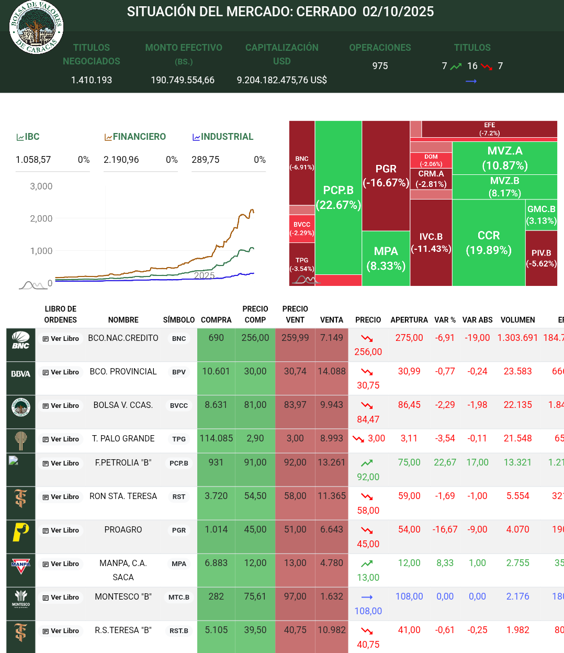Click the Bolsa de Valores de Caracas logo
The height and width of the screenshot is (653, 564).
click(x=36, y=27)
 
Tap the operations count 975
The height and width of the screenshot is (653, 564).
click(x=380, y=66)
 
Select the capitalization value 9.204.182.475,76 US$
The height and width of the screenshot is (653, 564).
click(x=281, y=80)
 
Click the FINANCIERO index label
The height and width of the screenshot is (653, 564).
click(x=139, y=137)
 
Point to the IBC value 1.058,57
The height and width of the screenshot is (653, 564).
click(x=33, y=160)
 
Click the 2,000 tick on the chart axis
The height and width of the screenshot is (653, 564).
click(x=41, y=218)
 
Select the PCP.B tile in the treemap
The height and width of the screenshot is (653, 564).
click(x=339, y=197)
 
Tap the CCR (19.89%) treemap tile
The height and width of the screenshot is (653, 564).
click(x=489, y=242)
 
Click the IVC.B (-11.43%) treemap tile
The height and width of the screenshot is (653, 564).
click(x=431, y=242)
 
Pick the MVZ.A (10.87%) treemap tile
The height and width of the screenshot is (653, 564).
click(x=505, y=158)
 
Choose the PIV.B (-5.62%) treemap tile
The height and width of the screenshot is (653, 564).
click(x=541, y=258)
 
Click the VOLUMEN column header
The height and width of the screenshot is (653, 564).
click(x=517, y=320)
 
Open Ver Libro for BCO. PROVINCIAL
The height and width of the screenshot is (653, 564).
click(x=61, y=372)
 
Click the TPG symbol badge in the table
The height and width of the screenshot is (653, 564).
click(x=179, y=439)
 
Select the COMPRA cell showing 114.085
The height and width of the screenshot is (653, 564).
click(x=216, y=439)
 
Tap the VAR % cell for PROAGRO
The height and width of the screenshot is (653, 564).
click(x=445, y=529)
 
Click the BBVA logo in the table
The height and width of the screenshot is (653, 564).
click(x=21, y=374)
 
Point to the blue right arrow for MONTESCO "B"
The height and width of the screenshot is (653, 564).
click(x=367, y=597)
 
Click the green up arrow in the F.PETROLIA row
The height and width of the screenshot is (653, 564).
click(x=367, y=463)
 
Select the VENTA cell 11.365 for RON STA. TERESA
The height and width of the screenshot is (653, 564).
click(x=332, y=496)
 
